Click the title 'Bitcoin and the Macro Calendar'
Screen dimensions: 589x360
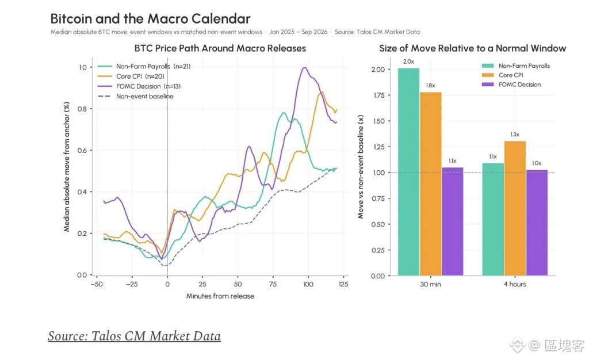click(x=150, y=18)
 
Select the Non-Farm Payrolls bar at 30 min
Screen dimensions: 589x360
click(x=409, y=172)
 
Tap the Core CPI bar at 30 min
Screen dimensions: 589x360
click(x=430, y=184)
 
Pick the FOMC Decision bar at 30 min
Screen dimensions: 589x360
click(x=452, y=221)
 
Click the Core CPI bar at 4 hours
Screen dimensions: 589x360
click(x=515, y=208)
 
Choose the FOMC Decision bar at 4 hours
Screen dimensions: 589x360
click(x=537, y=223)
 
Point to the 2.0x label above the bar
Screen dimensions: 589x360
click(x=409, y=62)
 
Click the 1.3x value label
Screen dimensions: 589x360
click(x=515, y=135)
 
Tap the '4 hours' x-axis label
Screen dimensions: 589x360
click(x=515, y=284)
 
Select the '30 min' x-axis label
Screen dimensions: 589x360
click(x=430, y=284)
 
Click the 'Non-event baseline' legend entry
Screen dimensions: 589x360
click(x=136, y=96)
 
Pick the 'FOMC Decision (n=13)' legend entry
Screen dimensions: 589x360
click(x=139, y=86)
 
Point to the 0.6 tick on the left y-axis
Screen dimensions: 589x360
click(x=82, y=150)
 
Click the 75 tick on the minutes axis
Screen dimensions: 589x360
click(x=273, y=284)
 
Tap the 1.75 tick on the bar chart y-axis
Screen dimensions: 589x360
click(x=378, y=95)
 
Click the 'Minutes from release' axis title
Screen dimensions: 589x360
click(x=220, y=296)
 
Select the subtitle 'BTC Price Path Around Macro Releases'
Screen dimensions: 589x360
click(x=220, y=48)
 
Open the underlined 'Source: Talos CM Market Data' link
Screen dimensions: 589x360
click(x=134, y=336)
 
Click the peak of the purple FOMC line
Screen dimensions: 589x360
click(x=304, y=67)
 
